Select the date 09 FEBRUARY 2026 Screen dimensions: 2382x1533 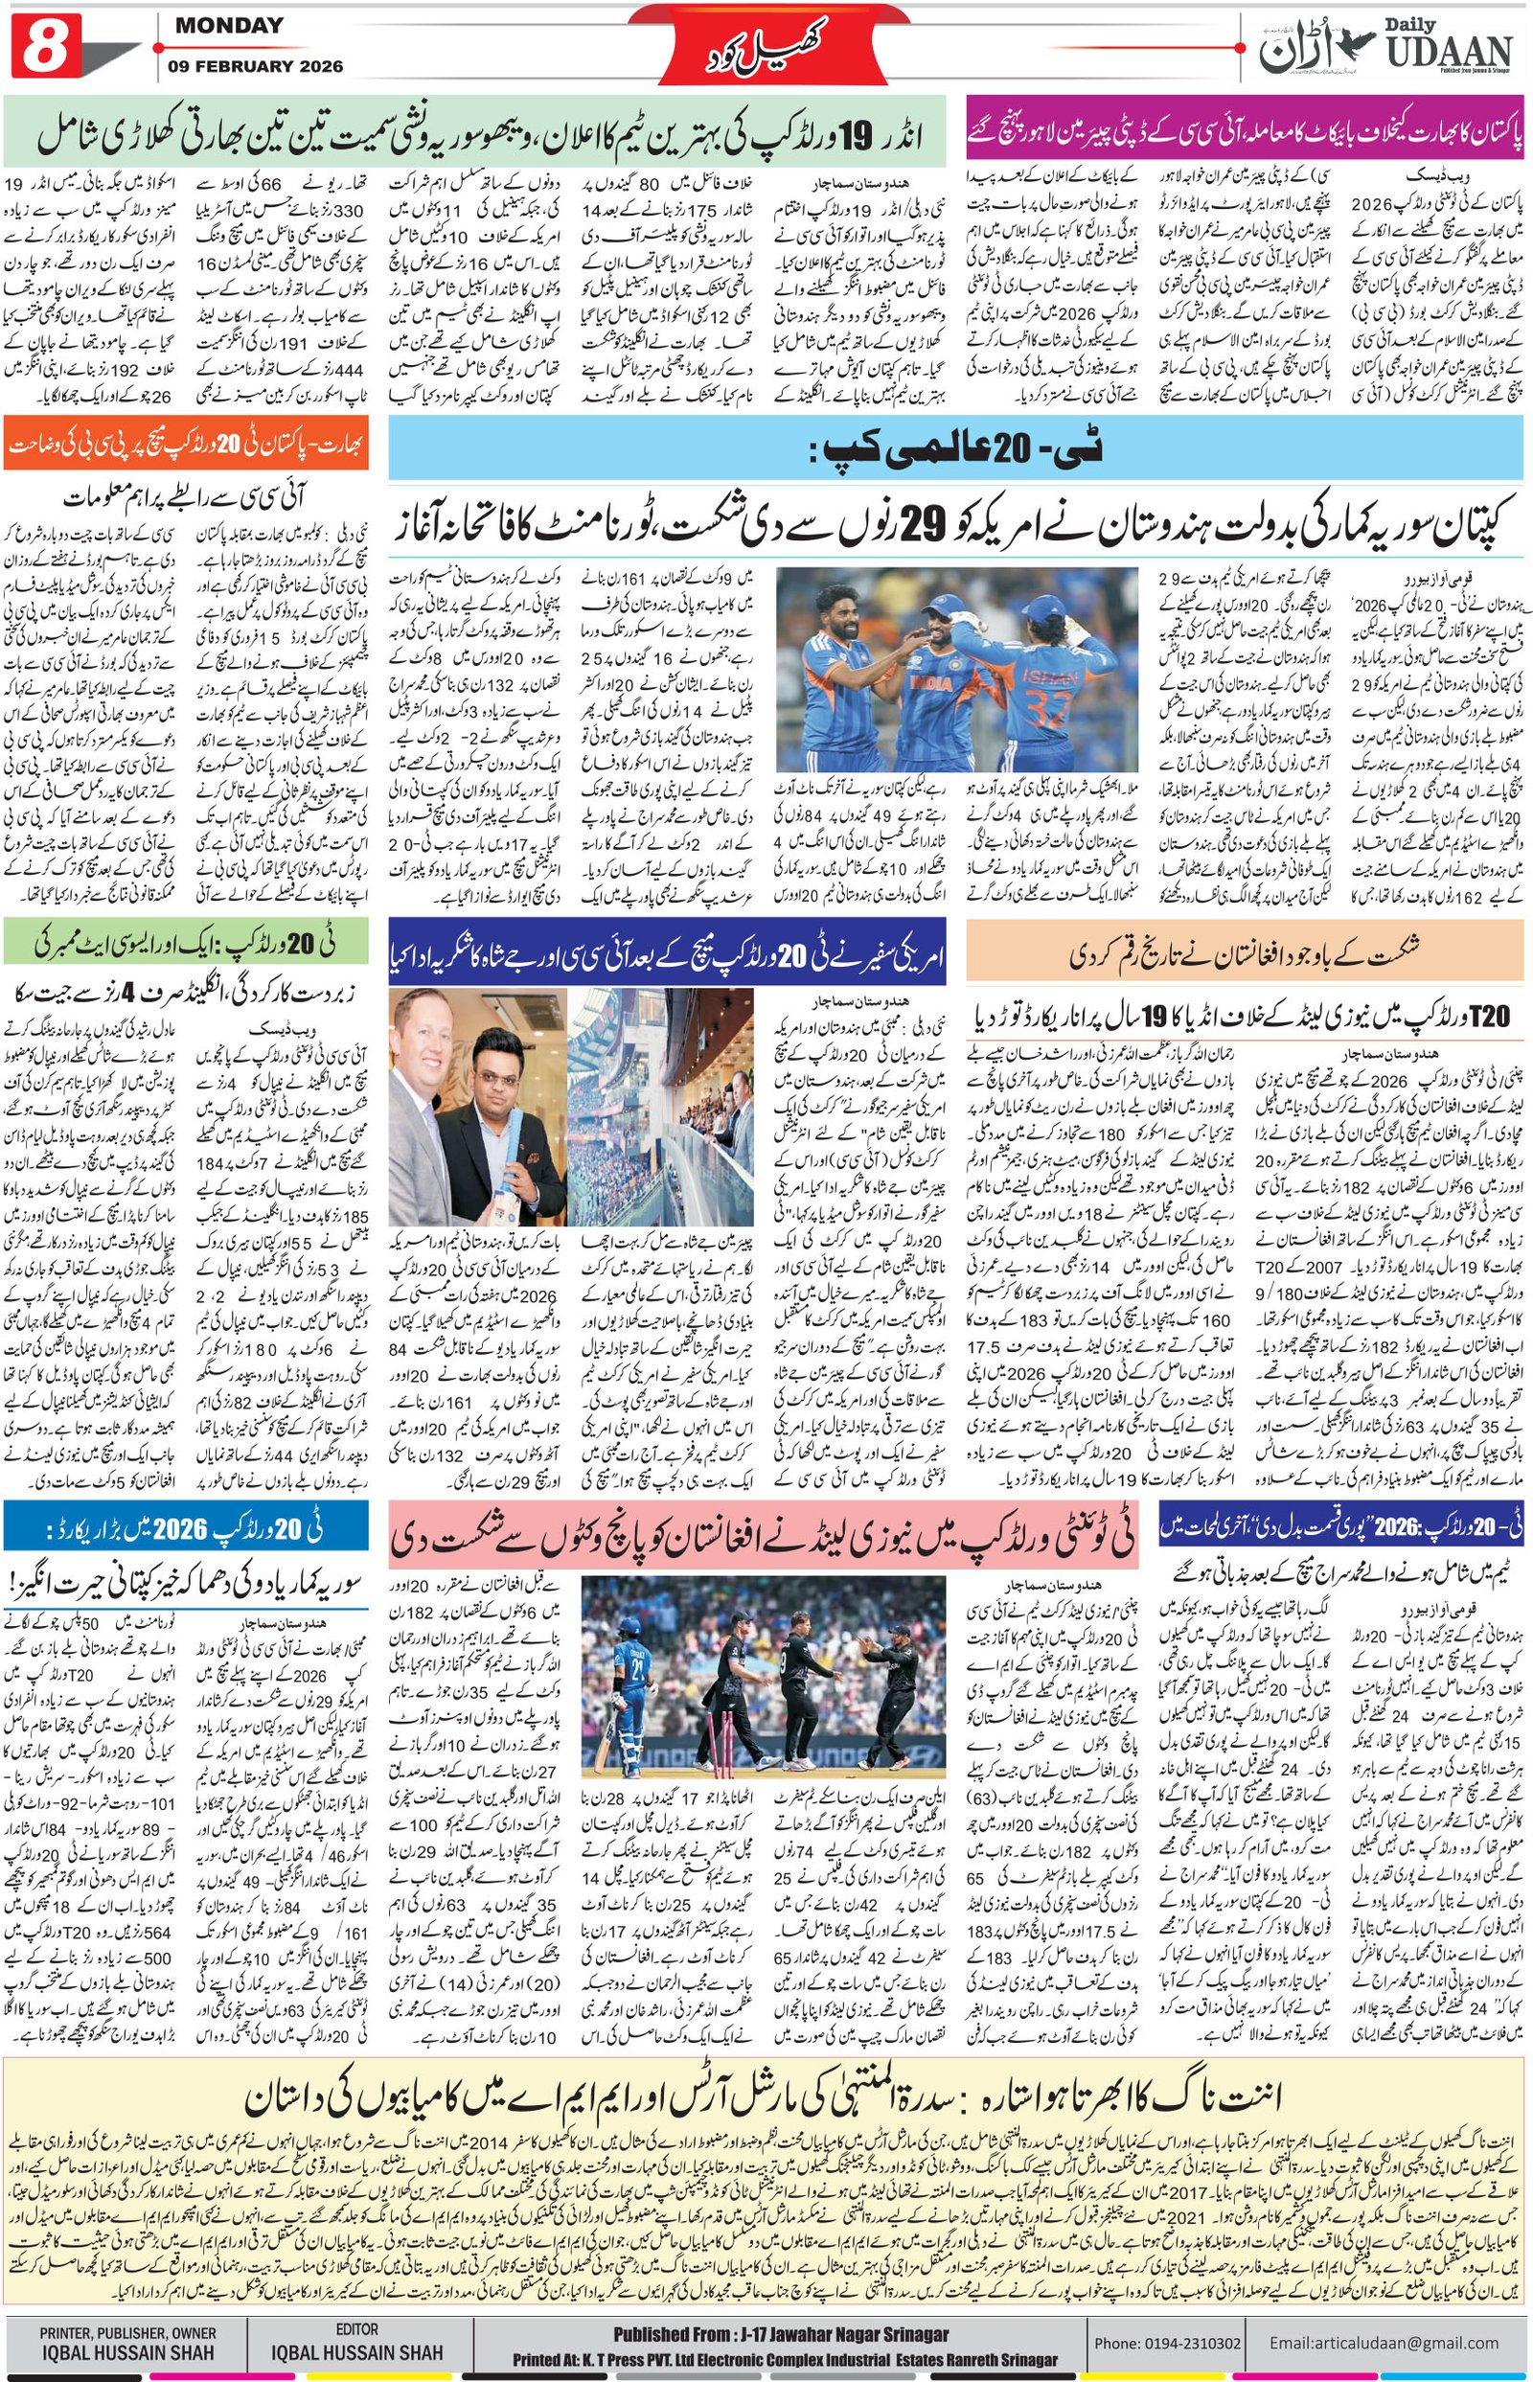pyautogui.click(x=259, y=67)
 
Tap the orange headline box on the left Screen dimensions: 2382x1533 pyautogui.click(x=187, y=439)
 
